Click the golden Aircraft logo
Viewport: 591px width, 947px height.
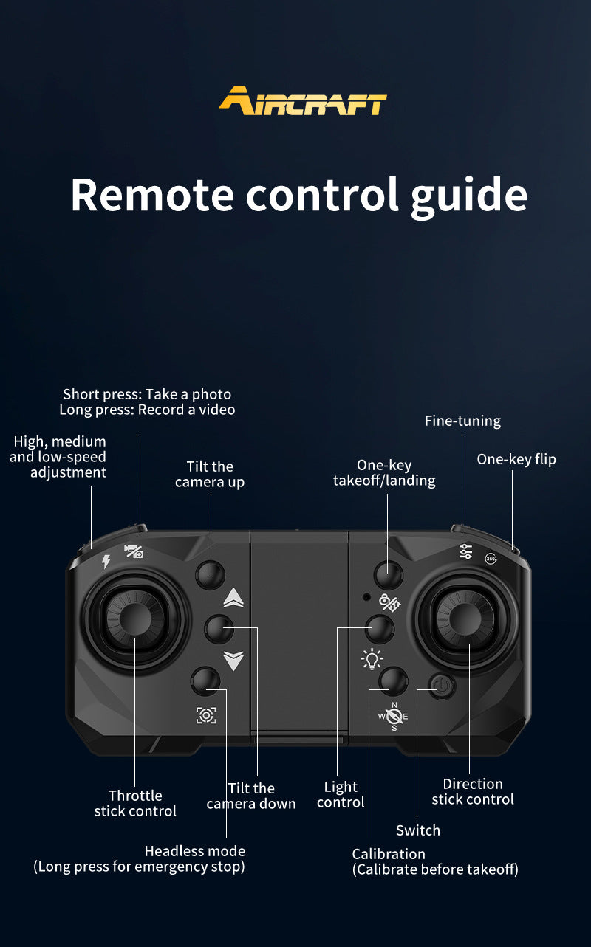302,100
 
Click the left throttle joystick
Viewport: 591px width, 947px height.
135,619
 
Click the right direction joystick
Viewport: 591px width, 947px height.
465,619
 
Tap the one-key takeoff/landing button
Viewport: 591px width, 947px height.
389,575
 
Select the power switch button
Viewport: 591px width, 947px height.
442,685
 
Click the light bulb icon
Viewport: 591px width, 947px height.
372,658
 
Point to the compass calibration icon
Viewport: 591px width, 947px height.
394,716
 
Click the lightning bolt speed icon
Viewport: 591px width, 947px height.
106,562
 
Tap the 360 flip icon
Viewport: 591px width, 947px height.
491,559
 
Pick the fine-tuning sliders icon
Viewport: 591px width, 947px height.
465,551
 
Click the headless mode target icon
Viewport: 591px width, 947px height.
206,715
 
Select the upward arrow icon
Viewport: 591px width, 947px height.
233,598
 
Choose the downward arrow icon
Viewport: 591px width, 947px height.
233,661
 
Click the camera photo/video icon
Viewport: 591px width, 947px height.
134,551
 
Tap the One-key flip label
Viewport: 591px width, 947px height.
516,459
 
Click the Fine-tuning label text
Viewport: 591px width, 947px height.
462,421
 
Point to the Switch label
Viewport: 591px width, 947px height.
418,830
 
